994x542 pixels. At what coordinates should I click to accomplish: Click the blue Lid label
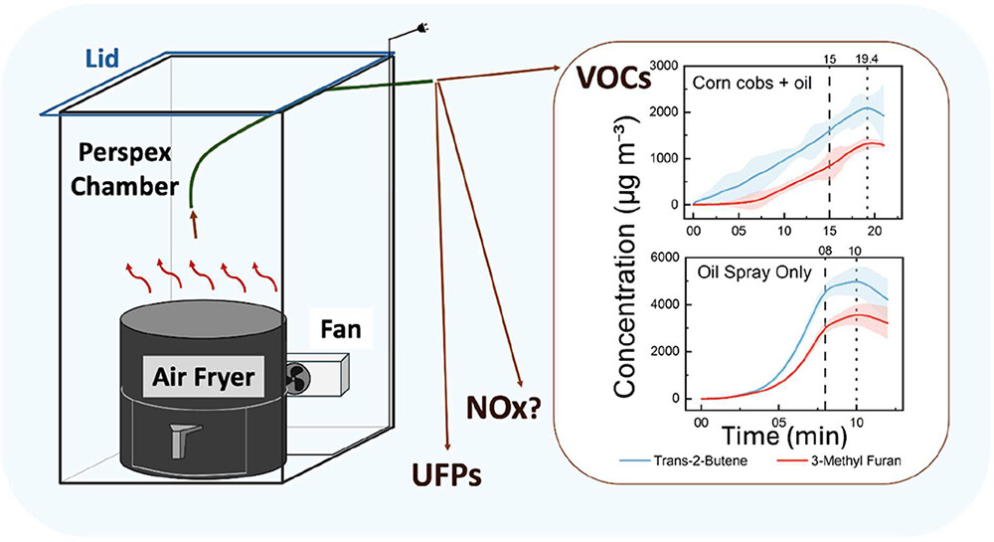[102, 59]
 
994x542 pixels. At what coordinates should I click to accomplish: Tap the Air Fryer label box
[204, 377]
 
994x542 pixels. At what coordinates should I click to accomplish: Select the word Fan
[341, 329]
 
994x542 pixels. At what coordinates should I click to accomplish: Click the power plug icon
[418, 27]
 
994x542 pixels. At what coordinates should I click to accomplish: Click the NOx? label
[503, 408]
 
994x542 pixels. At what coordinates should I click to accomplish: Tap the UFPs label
[445, 474]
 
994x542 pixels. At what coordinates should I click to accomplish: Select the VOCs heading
[613, 78]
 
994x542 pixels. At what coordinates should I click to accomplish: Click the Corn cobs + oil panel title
[751, 84]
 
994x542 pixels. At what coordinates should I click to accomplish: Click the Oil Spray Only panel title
[754, 272]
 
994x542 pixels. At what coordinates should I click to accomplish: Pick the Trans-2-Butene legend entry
[682, 460]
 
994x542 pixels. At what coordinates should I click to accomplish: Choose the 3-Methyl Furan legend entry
[838, 460]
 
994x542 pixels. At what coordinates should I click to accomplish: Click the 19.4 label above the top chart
[866, 59]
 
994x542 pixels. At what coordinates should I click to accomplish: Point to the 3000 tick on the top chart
[664, 66]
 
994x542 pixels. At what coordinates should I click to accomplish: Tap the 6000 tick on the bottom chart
[664, 258]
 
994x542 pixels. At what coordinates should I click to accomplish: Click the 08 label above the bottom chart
[825, 251]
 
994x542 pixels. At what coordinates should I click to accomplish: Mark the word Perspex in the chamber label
[125, 153]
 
